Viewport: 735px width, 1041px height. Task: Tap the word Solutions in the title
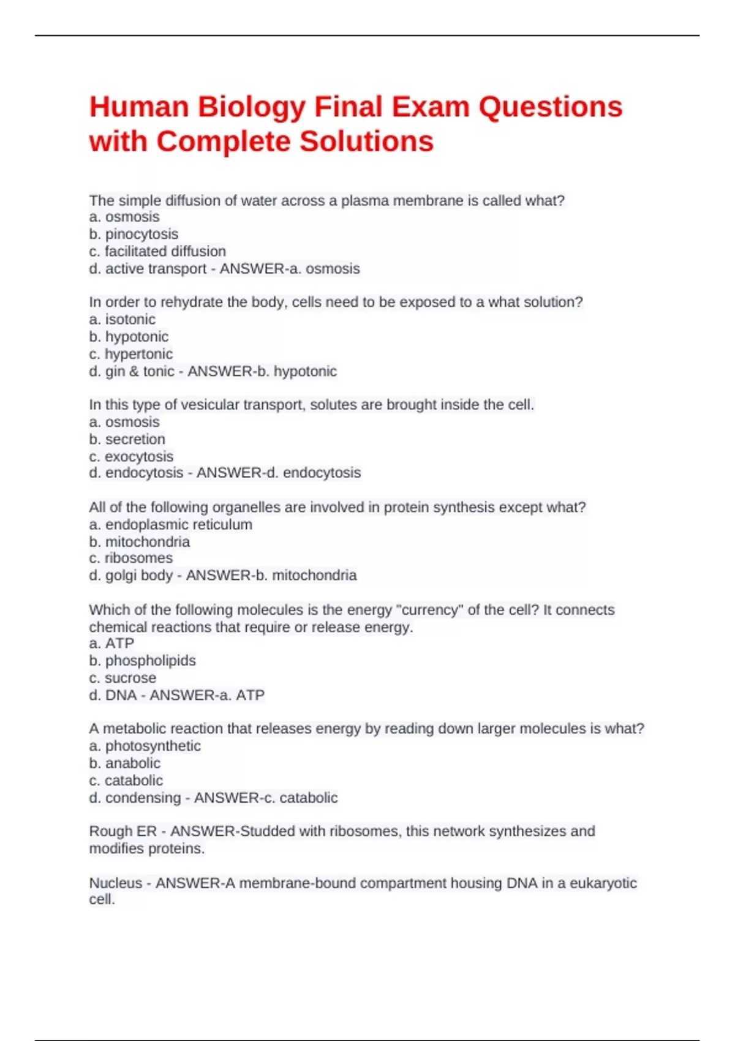click(x=366, y=141)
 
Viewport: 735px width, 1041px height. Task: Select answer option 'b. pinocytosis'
click(x=134, y=234)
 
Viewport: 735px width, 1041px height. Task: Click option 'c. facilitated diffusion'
click(x=157, y=251)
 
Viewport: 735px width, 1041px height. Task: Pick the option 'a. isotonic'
click(x=123, y=319)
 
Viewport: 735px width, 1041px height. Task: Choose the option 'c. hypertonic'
click(x=130, y=353)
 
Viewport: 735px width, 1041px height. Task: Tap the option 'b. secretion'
click(x=127, y=439)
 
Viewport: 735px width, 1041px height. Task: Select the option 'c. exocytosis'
click(x=131, y=456)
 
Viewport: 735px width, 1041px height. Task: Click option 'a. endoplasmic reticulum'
click(x=170, y=524)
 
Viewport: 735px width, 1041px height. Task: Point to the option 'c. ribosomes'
click(x=130, y=558)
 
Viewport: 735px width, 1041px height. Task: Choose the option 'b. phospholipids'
click(x=142, y=660)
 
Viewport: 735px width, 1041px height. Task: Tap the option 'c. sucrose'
click(x=123, y=678)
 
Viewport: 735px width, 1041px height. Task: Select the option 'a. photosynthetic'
click(x=145, y=746)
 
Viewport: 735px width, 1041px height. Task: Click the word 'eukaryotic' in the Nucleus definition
click(x=603, y=883)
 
